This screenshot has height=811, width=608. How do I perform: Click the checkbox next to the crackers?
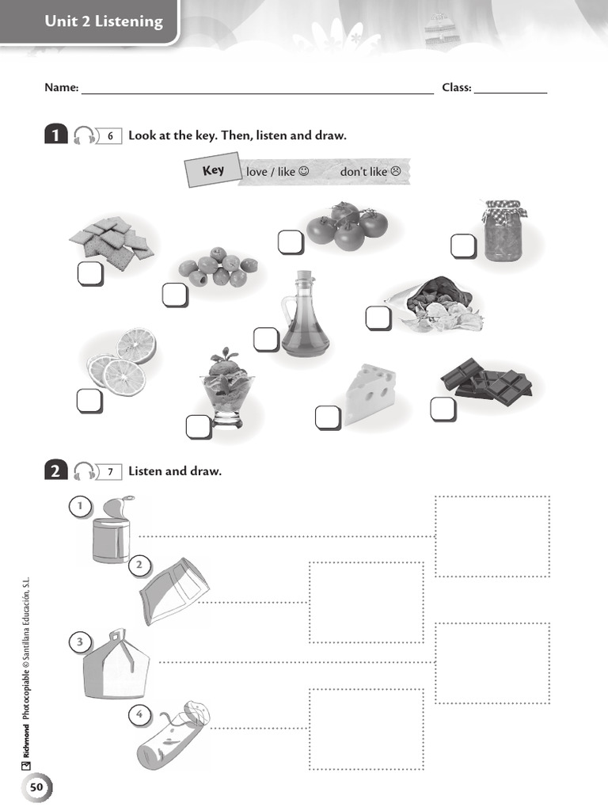[90, 274]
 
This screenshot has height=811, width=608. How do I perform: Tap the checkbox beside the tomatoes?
[291, 242]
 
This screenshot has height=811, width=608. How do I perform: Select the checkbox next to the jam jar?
[463, 246]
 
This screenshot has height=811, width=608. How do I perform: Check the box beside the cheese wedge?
[327, 417]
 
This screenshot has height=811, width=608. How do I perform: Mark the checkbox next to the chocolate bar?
[443, 409]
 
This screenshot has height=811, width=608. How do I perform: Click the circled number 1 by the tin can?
[80, 505]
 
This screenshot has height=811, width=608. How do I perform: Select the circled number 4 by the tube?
[139, 714]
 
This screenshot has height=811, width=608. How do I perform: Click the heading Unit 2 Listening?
[104, 22]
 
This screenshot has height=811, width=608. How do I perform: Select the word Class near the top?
[456, 88]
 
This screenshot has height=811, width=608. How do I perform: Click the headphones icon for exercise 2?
[84, 472]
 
